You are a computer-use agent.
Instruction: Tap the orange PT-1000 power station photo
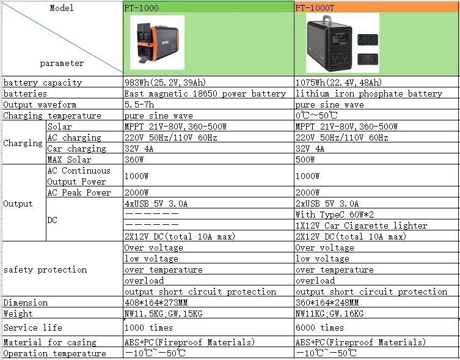coord(157,42)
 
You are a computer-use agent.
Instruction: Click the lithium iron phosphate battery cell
coord(368,94)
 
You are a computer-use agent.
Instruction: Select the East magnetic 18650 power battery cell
coord(205,94)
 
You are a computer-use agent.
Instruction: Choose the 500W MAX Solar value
coord(305,160)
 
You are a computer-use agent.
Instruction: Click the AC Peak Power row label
coord(79,193)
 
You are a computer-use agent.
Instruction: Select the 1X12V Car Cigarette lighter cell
coord(361,226)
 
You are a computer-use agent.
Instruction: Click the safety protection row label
coord(45,270)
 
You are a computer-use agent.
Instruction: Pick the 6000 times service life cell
coord(319,328)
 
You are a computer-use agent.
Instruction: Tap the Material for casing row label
coord(50,342)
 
